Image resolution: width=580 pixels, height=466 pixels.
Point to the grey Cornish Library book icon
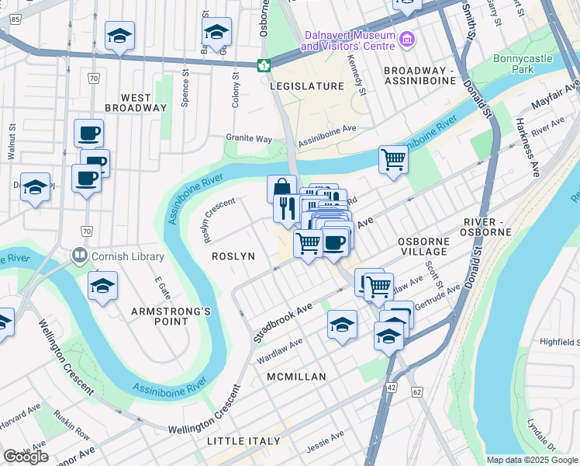click(79, 255)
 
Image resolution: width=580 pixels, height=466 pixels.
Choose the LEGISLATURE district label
click(306, 86)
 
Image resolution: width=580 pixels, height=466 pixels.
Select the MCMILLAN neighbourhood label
click(295, 377)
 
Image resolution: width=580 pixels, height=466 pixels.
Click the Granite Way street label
click(249, 138)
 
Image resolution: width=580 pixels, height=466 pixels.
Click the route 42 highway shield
click(390, 387)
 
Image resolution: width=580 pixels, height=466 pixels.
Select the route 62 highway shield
click(416, 393)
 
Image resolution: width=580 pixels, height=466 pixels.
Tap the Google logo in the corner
click(26, 457)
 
